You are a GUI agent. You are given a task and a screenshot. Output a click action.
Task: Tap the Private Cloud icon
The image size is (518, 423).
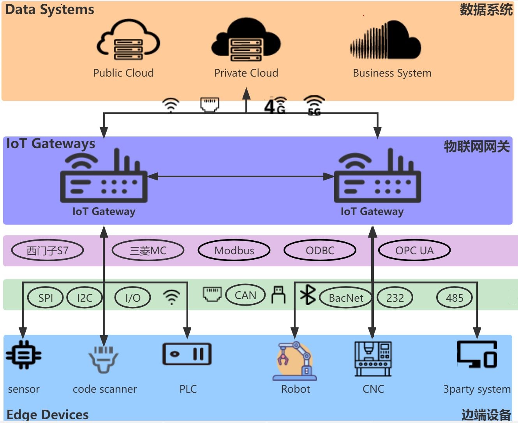coord(246,41)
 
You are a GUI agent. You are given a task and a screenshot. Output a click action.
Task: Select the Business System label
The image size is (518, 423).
coord(392,73)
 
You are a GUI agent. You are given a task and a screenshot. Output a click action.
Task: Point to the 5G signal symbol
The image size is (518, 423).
coord(314,105)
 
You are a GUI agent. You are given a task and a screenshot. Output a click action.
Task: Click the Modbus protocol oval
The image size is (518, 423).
coord(234,250)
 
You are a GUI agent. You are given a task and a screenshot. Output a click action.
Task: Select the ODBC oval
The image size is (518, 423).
coord(320,250)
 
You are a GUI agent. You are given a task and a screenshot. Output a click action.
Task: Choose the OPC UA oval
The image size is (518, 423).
coord(414,250)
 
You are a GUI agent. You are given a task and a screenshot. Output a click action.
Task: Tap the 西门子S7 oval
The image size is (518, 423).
coord(48,250)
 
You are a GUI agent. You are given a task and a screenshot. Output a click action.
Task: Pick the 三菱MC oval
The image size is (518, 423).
coord(148,250)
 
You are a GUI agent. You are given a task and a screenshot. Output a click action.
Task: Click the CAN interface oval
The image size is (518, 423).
coord(245,295)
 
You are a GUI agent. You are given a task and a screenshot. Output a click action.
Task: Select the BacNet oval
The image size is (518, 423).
coord(346,298)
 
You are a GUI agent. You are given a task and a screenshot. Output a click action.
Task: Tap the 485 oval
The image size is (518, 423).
coord(455,298)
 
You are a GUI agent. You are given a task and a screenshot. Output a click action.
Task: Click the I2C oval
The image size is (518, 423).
coord(85,298)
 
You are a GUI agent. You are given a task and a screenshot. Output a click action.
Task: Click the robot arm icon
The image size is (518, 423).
coord(295,361)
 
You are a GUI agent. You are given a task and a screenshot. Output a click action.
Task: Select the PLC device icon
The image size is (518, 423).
coord(187,354)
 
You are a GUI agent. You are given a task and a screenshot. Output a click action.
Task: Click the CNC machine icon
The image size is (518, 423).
coord(373,358)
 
